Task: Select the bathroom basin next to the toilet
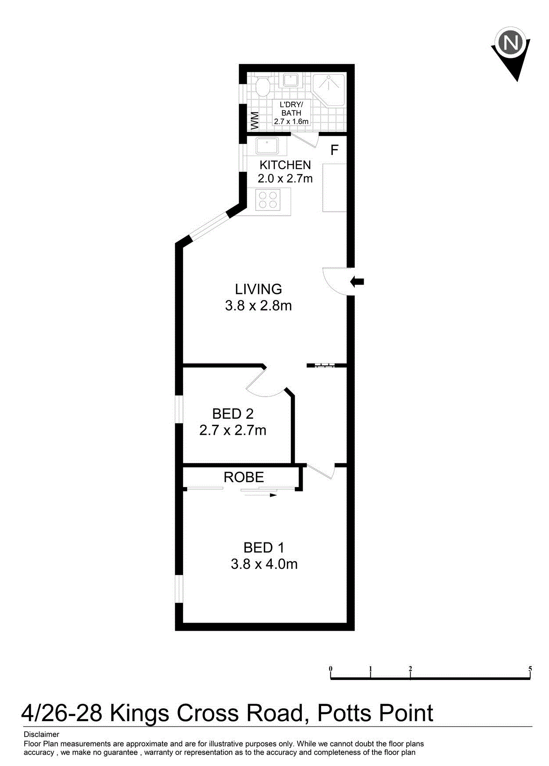coord(290,80)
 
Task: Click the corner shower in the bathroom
coord(329,90)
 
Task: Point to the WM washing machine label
coord(254,121)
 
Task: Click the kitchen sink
coord(267,146)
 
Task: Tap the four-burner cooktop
coord(268,200)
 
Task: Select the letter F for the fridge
coord(335,150)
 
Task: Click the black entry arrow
coord(357,282)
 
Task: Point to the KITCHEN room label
coord(285,165)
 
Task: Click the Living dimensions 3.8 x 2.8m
coord(258,306)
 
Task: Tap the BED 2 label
coord(233,414)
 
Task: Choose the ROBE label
coord(244,477)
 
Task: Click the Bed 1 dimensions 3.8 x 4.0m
coord(264,564)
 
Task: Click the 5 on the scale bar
coord(530,669)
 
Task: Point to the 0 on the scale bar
coord(331,669)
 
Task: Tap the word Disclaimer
coord(41,734)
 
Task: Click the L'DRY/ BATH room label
coord(291,109)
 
